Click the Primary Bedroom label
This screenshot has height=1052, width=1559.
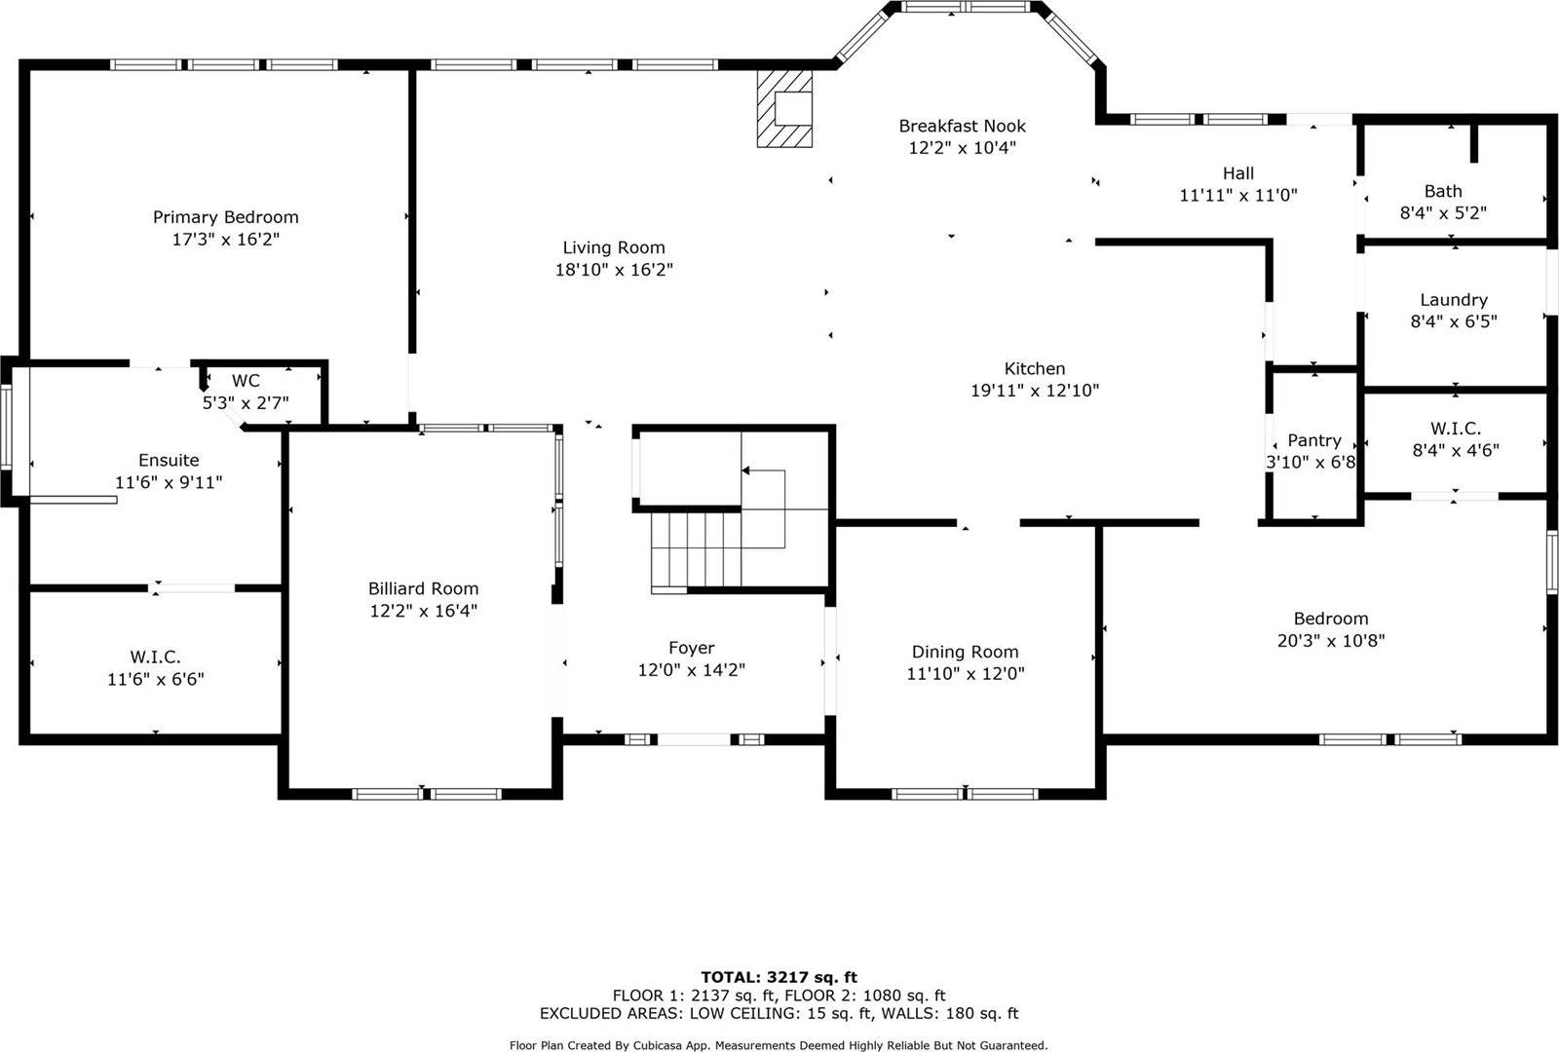(225, 217)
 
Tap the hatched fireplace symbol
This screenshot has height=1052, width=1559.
(783, 107)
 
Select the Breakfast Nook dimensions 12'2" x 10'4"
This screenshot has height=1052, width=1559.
(962, 148)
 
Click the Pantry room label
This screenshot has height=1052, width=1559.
(1313, 440)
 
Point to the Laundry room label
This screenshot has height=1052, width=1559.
(1453, 300)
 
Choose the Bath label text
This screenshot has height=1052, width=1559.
(1442, 191)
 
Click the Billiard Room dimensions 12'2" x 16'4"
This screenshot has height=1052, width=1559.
(423, 611)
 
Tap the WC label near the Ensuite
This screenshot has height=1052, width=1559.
(246, 381)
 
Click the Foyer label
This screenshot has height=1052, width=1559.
(691, 648)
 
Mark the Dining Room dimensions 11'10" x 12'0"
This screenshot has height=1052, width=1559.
(965, 674)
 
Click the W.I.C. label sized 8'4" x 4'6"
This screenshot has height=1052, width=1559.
(1455, 429)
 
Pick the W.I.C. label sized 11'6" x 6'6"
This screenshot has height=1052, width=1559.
(155, 657)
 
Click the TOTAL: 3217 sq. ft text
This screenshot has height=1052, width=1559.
(779, 977)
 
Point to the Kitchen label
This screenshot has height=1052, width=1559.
(1034, 368)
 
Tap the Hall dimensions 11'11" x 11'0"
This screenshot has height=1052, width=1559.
(1237, 195)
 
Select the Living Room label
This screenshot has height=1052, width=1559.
(614, 247)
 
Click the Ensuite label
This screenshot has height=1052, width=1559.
(169, 460)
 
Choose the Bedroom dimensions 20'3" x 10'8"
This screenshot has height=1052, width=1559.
(1330, 641)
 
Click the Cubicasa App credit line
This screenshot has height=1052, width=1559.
(779, 1045)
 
